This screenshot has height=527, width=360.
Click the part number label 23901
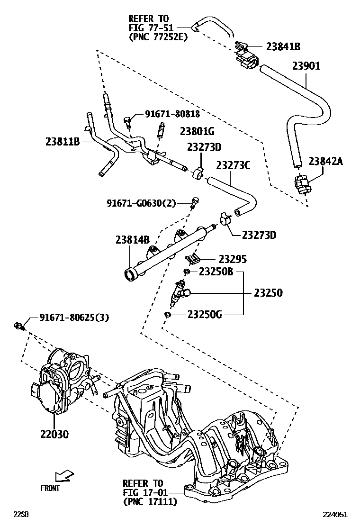[x=306, y=66]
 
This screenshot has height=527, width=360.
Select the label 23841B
[x=283, y=46]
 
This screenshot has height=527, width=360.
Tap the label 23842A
[x=325, y=161]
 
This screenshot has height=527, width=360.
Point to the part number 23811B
[x=63, y=141]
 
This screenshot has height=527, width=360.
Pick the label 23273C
[x=233, y=165]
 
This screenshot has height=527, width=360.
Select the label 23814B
[x=132, y=240]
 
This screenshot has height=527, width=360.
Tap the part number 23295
[x=233, y=259]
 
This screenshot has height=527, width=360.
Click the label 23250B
[x=216, y=272]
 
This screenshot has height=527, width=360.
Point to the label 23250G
[x=205, y=314]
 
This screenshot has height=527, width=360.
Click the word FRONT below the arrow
[x=50, y=488]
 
